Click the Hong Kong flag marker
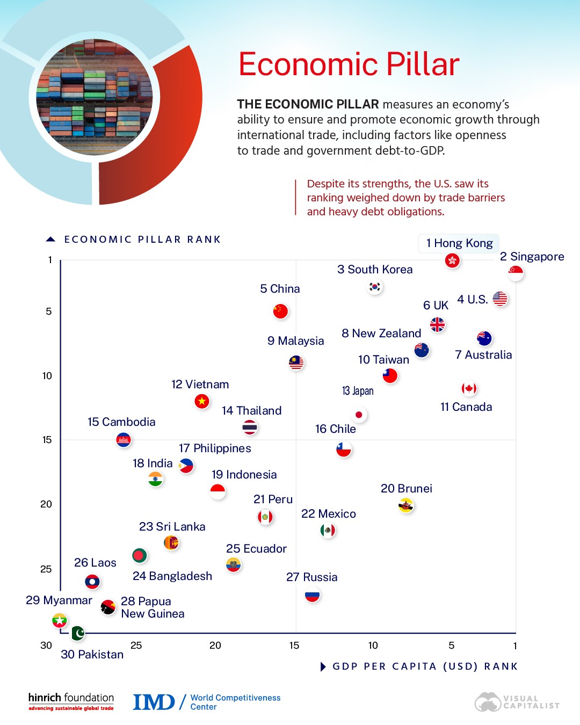click(452, 260)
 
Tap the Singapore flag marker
click(516, 273)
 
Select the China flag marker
click(280, 311)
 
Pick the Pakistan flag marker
click(78, 633)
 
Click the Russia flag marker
click(312, 595)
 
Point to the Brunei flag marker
click(406, 505)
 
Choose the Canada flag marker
click(469, 388)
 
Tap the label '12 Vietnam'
click(200, 385)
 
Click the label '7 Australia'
click(483, 355)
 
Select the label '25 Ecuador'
click(256, 549)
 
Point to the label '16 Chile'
click(335, 429)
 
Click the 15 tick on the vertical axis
click(47, 440)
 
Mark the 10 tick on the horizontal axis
click(373, 646)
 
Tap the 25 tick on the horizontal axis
click(136, 646)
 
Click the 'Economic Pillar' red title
click(349, 64)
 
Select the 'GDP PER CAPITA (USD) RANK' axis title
click(425, 666)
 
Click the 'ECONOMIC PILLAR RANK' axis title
click(142, 240)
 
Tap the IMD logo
click(154, 702)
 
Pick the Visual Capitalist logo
click(517, 702)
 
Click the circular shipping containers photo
click(95, 98)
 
